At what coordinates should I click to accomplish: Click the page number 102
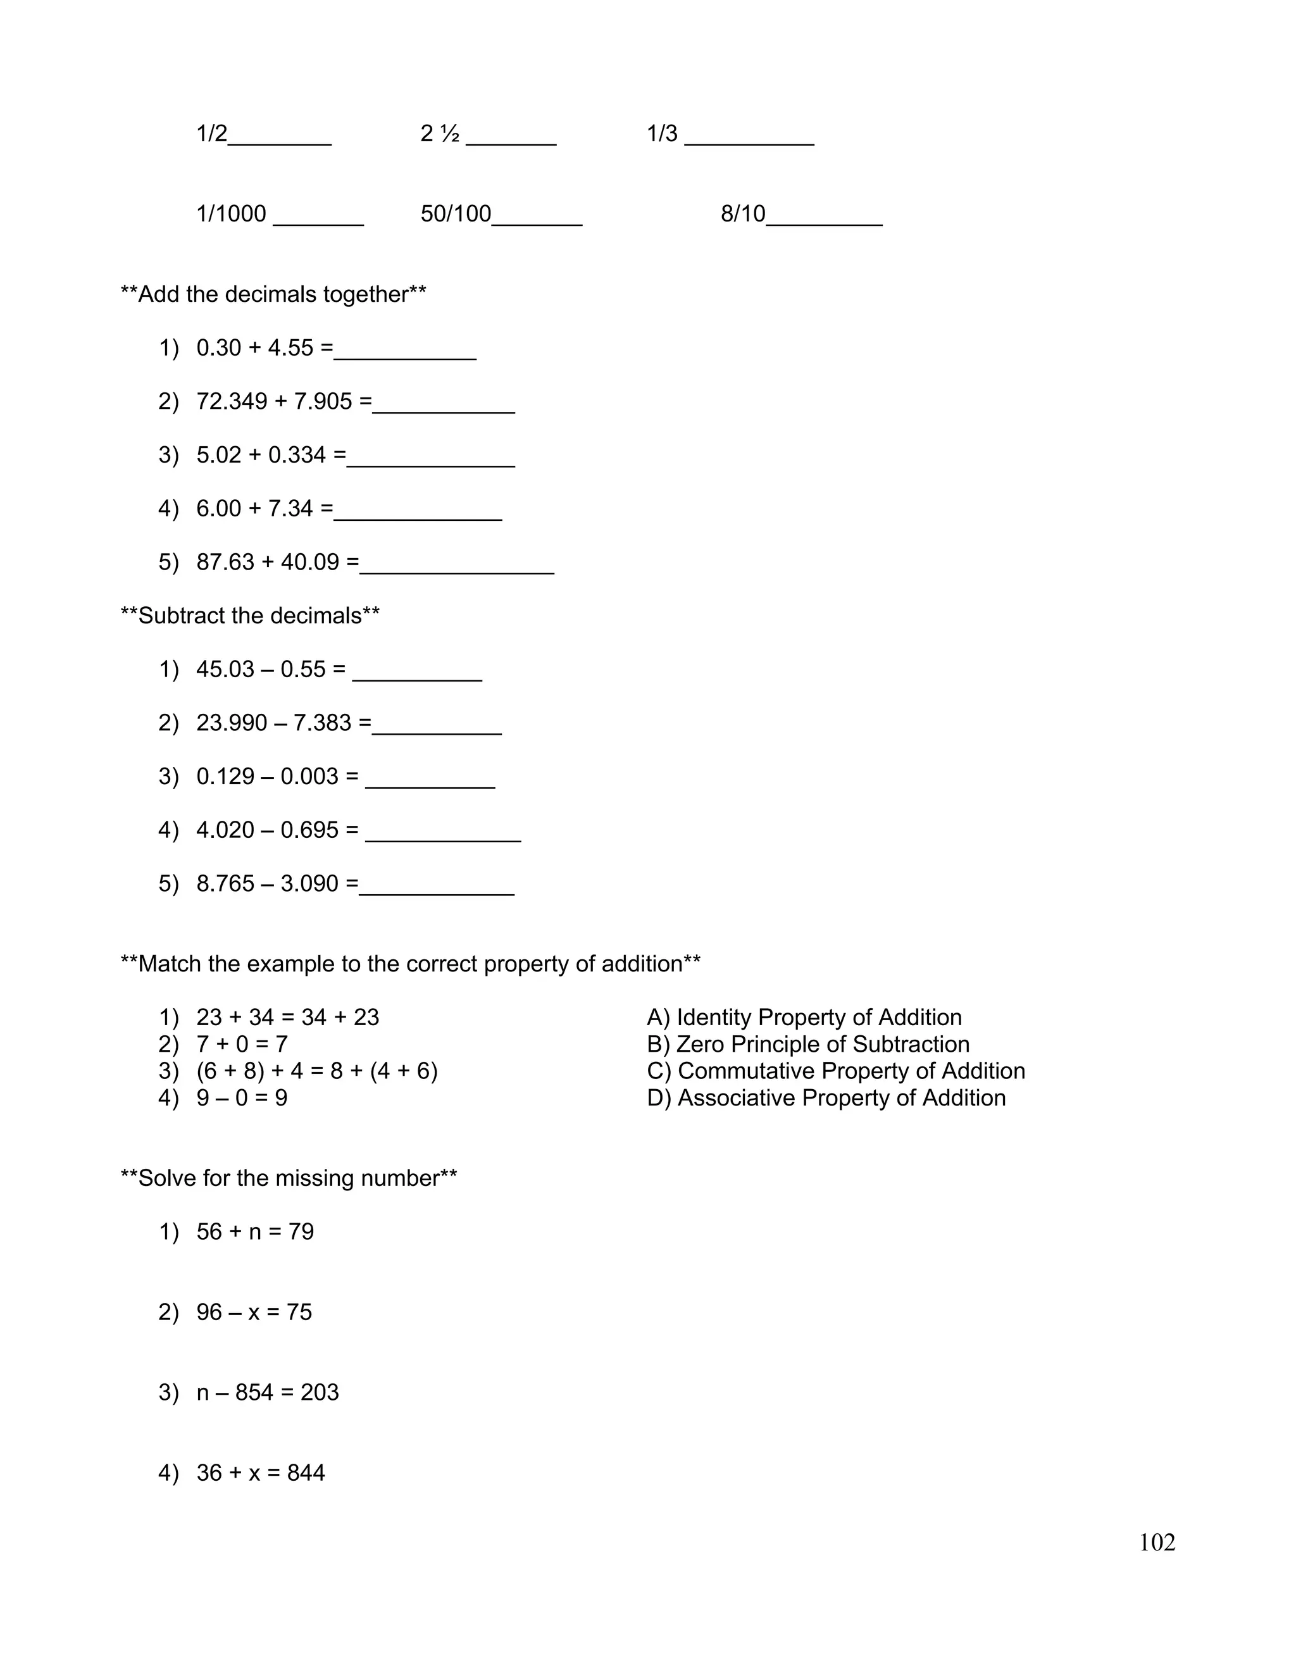point(1156,1543)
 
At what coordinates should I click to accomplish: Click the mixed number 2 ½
point(440,134)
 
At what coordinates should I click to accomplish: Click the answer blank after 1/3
point(749,138)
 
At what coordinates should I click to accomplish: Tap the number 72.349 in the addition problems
point(232,402)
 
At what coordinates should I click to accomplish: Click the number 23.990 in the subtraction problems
point(232,723)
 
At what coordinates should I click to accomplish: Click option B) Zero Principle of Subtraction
point(807,1044)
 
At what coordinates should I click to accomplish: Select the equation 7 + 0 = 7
point(242,1044)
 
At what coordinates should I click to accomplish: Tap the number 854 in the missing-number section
point(254,1392)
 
